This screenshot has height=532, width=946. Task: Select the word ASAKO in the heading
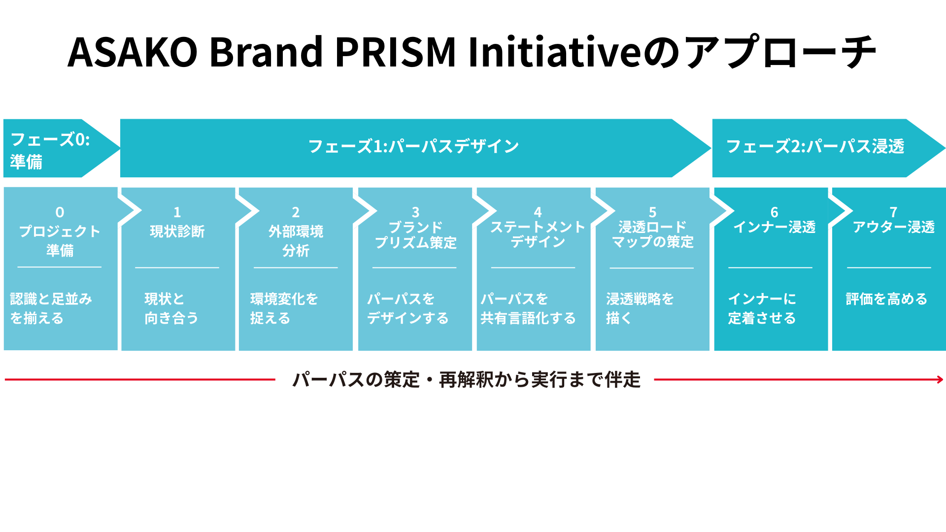(x=132, y=52)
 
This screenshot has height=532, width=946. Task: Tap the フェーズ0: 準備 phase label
(x=49, y=150)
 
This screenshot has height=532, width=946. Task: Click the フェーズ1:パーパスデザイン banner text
(x=413, y=146)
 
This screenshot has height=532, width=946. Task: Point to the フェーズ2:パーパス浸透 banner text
(x=815, y=146)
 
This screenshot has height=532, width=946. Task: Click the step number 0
(x=60, y=212)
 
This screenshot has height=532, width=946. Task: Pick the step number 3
(x=415, y=212)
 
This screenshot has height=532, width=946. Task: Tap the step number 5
(x=652, y=212)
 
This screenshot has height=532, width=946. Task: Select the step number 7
(x=893, y=212)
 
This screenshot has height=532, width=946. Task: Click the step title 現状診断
(x=177, y=232)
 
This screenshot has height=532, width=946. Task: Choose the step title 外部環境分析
(x=296, y=241)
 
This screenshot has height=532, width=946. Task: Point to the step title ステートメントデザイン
(x=538, y=234)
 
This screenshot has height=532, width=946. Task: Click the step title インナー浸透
(x=774, y=227)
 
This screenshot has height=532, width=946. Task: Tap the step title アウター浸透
(x=893, y=227)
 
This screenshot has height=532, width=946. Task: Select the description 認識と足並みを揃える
(x=51, y=308)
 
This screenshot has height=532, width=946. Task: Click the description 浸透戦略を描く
(x=640, y=308)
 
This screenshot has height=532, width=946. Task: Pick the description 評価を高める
(x=886, y=299)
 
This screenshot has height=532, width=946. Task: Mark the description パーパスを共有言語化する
(x=528, y=308)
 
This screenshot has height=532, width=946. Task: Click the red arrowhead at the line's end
(x=940, y=379)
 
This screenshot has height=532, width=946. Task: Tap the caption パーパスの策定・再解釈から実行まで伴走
(x=466, y=380)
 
